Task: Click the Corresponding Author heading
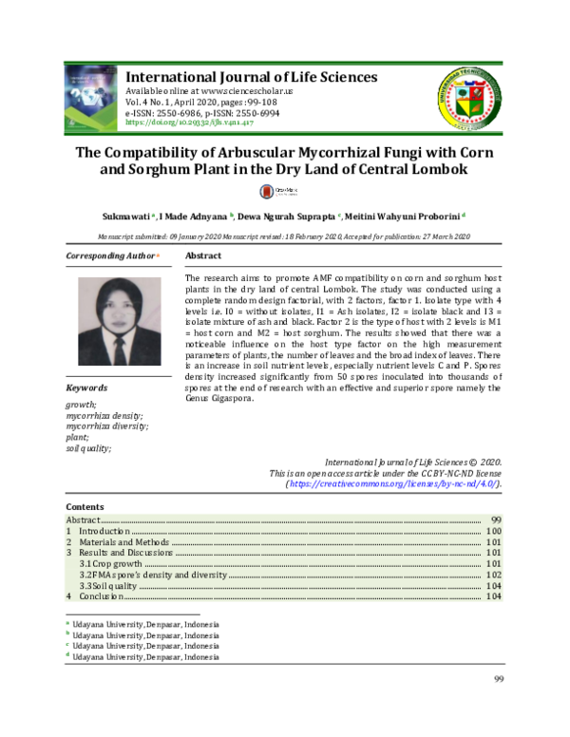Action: point(110,257)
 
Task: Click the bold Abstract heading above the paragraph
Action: point(203,257)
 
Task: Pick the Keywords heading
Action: point(86,388)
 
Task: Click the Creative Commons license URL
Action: point(393,483)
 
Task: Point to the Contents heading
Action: point(85,507)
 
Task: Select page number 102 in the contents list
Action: point(493,575)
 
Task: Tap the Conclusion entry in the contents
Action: point(101,596)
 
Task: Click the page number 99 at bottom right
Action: point(498,676)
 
